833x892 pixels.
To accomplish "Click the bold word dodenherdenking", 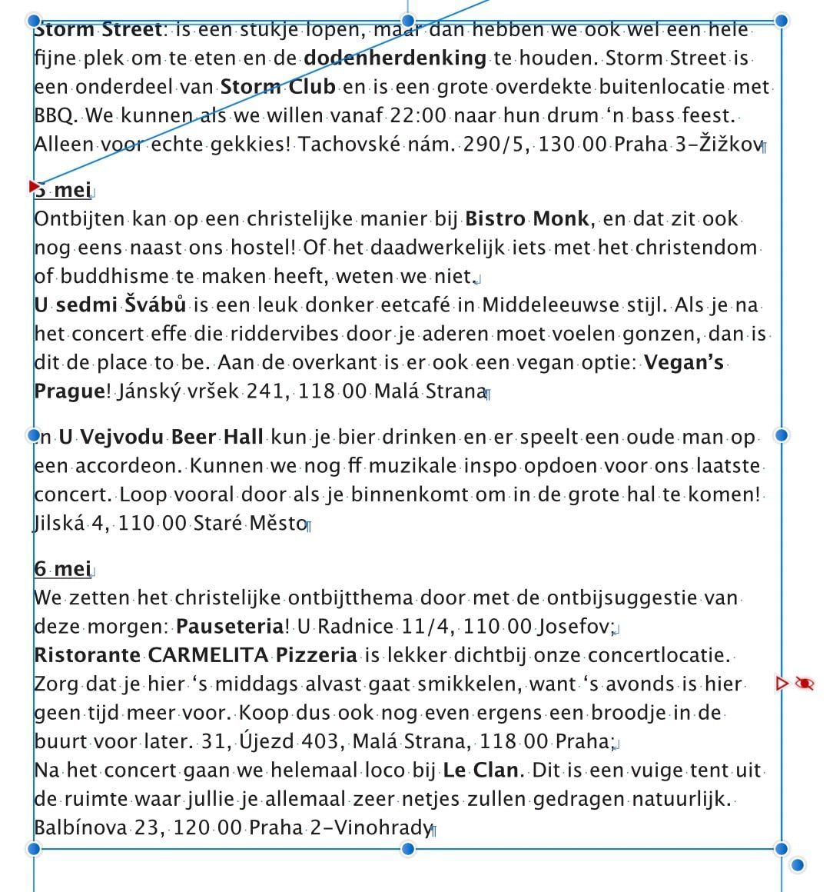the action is [395, 58].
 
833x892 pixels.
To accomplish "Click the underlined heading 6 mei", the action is [62, 568].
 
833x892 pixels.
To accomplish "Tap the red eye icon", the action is [804, 683].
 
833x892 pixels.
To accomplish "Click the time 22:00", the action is [418, 115].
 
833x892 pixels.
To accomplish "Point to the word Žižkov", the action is [730, 144].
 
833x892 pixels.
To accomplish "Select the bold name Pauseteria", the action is [230, 626].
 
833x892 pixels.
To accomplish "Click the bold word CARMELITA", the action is [207, 655].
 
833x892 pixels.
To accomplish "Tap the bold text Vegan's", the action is [684, 362].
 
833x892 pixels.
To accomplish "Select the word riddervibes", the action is [275, 334].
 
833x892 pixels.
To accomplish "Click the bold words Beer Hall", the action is [217, 438].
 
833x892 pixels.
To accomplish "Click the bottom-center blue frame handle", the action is [408, 849].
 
